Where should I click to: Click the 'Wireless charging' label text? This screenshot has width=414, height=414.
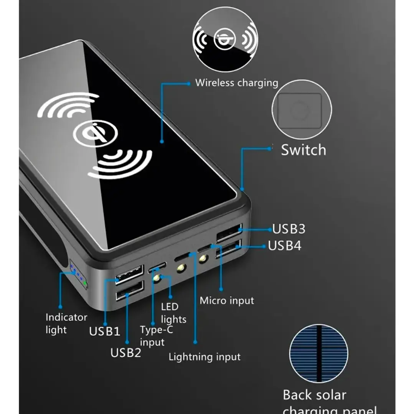pos(236,83)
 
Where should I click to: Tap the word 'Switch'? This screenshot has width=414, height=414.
pos(303,150)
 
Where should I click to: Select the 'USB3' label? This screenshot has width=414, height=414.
pos(289,229)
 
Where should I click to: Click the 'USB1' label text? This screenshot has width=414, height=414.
pos(105,331)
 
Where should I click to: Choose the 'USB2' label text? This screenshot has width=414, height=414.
pos(126,353)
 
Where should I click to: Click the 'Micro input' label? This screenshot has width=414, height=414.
pos(227,300)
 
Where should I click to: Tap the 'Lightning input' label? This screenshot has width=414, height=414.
pos(205,357)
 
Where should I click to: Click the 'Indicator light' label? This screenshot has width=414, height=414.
pos(66,323)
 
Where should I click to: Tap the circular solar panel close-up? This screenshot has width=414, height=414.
pos(318,353)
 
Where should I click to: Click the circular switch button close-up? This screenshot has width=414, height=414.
pos(302,111)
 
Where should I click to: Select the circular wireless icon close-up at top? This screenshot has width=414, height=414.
pos(225,39)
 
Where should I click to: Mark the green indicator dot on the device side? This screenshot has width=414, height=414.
pos(85,284)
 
